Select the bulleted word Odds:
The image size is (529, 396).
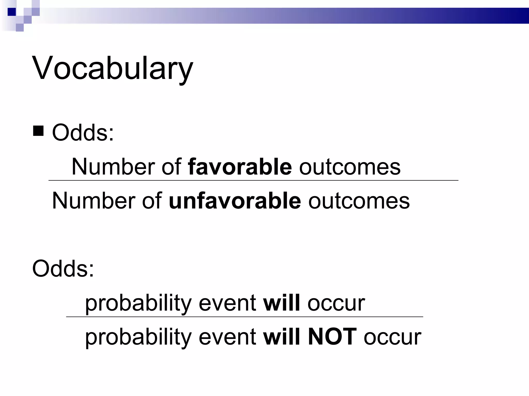pos(83,133)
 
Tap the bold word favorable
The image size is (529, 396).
pos(240,167)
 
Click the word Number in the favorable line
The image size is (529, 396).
pos(113,167)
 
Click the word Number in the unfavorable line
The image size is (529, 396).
pos(94,201)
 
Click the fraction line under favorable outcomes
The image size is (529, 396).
pos(253,180)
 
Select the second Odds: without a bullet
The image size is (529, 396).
pos(63,269)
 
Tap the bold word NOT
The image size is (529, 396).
pos(332,336)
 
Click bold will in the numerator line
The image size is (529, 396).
pos(281,303)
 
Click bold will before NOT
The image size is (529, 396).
pos(281,336)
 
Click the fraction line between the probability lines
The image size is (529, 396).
pos(244,317)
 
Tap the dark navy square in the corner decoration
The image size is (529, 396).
pos(12,12)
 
